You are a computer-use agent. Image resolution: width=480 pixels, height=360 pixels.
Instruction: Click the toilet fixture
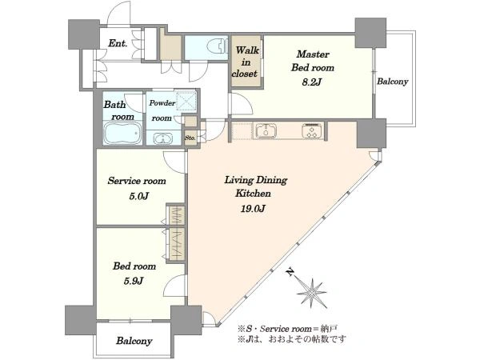[x=217, y=47]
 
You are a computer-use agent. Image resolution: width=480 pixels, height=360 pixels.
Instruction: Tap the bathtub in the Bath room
[x=122, y=133]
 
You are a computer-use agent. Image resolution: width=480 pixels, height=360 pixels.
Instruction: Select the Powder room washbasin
[x=163, y=138]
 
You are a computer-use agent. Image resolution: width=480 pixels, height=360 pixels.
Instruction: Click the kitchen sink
[x=266, y=130]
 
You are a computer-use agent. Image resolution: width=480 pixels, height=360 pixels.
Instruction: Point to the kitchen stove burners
[x=312, y=130]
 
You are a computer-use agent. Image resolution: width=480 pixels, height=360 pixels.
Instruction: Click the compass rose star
[x=312, y=294]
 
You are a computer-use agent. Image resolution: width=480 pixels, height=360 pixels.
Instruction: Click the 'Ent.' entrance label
[x=118, y=43]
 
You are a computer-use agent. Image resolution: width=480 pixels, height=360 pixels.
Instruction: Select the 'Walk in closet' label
[x=246, y=62]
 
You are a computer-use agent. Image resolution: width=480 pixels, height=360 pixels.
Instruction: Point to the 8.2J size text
[x=312, y=82]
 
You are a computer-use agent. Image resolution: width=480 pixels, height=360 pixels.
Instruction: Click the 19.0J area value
[x=253, y=209]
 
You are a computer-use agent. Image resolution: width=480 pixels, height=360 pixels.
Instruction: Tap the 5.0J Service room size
[x=138, y=196]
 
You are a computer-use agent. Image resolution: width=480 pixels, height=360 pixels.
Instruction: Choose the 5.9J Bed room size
[x=134, y=281]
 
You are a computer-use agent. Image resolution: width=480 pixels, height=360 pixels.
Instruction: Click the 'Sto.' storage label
[x=190, y=138]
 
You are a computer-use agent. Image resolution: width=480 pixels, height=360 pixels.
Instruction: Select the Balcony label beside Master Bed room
[x=393, y=82]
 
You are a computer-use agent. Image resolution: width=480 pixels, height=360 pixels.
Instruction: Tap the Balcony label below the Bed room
[x=134, y=341]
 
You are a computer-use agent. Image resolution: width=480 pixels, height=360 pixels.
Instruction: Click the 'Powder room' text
[x=162, y=110]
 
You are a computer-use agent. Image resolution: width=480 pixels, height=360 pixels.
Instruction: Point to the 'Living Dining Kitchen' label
[x=256, y=186]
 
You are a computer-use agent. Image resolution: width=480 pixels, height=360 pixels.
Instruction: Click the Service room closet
[x=176, y=215]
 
